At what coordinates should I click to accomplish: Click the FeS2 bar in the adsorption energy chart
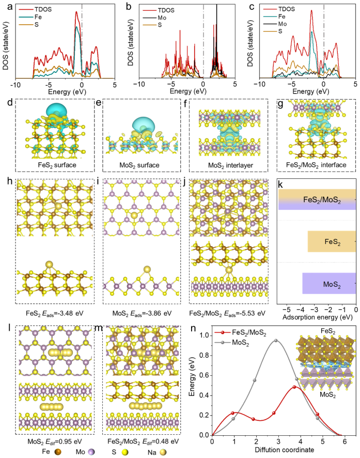[331, 241]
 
